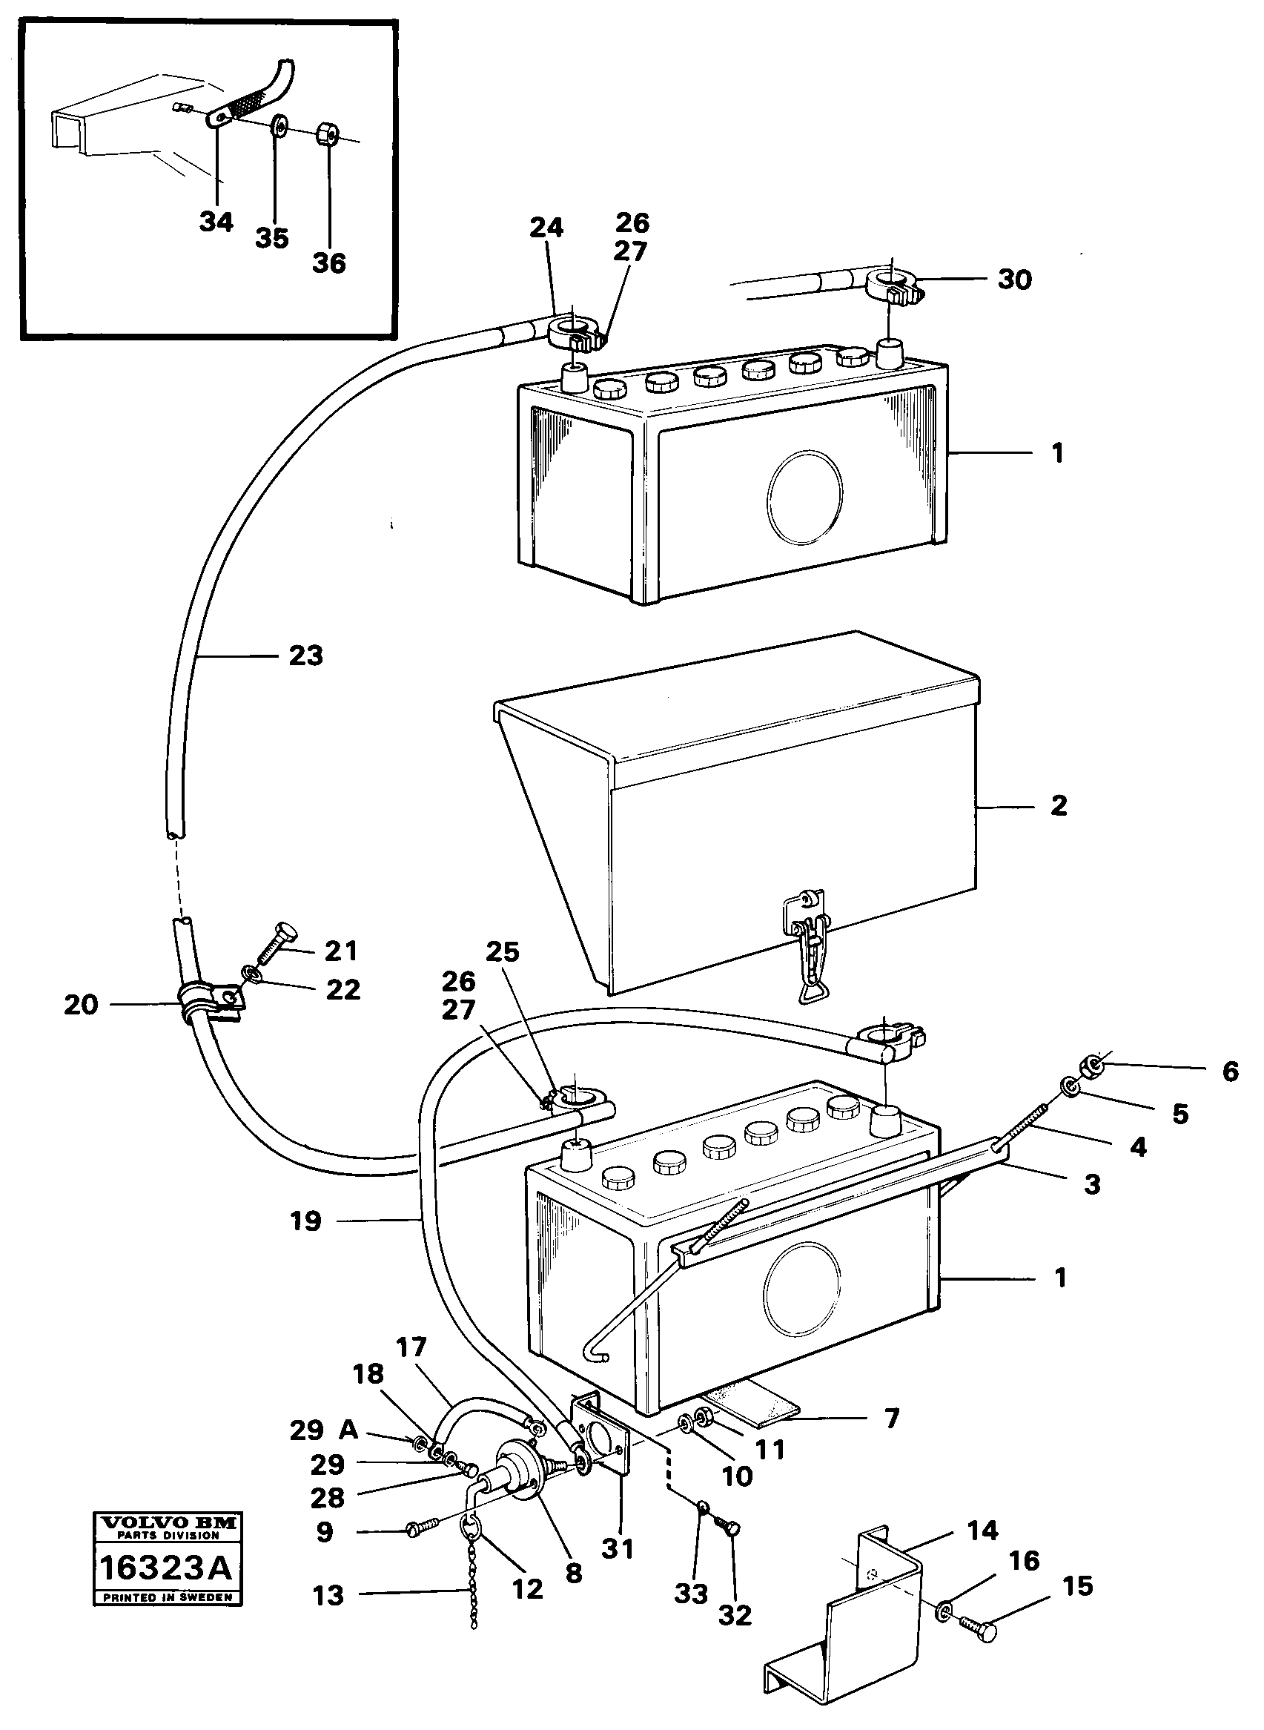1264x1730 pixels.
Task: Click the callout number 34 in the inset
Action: pyautogui.click(x=216, y=222)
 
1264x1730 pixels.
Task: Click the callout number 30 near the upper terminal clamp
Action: pyautogui.click(x=1015, y=280)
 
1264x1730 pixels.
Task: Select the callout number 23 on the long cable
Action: pyautogui.click(x=306, y=656)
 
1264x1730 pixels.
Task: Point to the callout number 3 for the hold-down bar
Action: pyautogui.click(x=1092, y=1184)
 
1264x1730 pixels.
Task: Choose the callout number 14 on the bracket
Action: pyautogui.click(x=982, y=1531)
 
